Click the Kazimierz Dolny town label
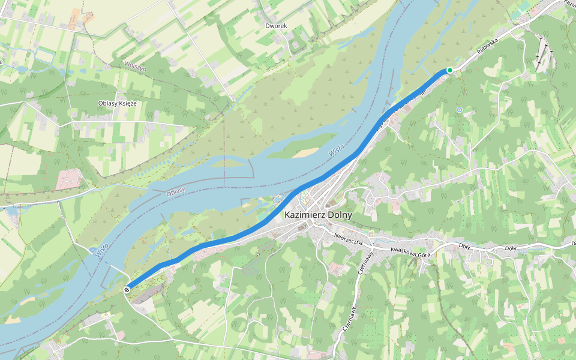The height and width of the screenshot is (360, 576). coord(318,215)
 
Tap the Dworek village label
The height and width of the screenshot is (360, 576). coord(276,26)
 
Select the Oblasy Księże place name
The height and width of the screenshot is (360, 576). coord(118,103)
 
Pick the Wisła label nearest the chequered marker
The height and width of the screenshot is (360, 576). coord(102,250)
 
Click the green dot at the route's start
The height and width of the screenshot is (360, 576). coord(449,70)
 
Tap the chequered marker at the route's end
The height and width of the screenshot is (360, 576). coord(127,290)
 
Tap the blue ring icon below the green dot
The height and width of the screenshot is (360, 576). coord(459,110)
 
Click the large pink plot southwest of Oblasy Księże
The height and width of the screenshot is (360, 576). coord(70,179)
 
